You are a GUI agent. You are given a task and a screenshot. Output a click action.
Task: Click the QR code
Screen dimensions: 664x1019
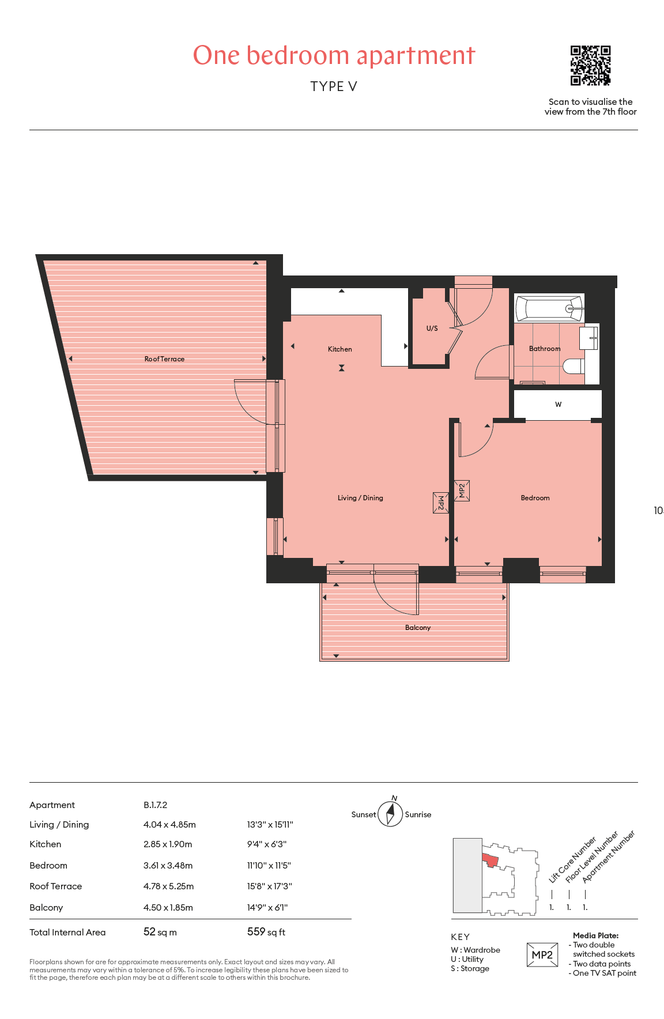point(590,66)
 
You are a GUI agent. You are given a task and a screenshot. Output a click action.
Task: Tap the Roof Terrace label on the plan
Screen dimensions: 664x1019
point(164,359)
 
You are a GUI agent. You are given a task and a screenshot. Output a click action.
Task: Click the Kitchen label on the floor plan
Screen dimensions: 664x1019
point(339,349)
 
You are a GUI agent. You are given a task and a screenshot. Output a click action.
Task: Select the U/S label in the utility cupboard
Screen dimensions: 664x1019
point(432,329)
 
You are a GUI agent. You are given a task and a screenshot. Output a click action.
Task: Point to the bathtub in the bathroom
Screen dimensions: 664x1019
point(549,308)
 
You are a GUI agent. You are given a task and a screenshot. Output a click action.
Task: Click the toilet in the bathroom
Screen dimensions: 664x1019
point(574,366)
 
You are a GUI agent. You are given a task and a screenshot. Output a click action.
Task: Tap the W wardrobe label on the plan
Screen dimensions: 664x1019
point(558,405)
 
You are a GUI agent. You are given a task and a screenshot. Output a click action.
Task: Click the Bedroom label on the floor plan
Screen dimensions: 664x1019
point(535,498)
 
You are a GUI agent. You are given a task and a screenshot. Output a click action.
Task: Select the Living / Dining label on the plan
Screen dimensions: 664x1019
point(360,498)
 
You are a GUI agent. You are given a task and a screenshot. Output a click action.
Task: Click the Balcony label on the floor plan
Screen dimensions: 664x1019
point(418,628)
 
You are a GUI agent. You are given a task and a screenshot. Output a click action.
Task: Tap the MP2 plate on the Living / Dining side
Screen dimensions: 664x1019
point(441,503)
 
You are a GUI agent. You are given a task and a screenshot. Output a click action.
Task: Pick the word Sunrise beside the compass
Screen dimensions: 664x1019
point(418,814)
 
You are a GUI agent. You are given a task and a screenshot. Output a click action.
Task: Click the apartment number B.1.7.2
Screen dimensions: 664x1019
point(155,805)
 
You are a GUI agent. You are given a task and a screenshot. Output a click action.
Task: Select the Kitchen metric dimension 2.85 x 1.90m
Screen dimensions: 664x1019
point(168,844)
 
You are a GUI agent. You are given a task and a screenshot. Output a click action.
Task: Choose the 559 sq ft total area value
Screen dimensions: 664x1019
point(266,932)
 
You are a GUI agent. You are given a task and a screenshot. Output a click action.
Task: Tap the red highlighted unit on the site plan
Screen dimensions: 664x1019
point(490,861)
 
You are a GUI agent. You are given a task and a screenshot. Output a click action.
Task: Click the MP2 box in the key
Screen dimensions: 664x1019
point(542,955)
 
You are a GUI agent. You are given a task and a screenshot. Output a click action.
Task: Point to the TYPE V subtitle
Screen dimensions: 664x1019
point(334,86)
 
